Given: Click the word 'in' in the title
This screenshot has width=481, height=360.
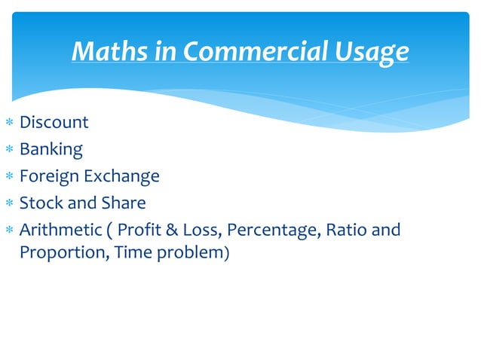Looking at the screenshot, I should click(164, 51).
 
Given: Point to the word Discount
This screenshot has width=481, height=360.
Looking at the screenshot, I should click(54, 122).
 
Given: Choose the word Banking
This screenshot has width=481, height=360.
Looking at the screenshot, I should click(51, 149).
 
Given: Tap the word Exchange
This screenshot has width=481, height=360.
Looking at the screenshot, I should click(121, 176).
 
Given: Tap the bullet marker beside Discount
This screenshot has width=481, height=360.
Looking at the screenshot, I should click(9, 123).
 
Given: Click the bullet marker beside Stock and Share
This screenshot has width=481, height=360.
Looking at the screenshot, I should click(9, 203).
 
